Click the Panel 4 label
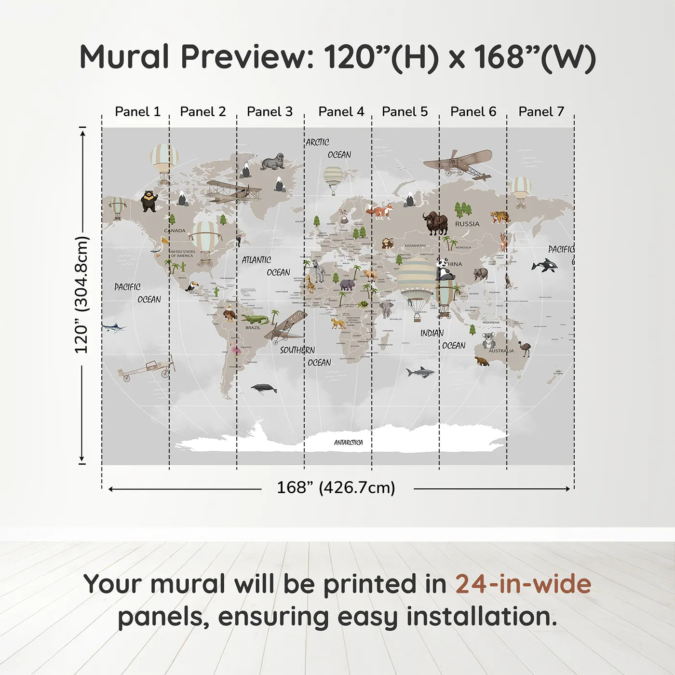point(341,112)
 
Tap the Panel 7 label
point(541,112)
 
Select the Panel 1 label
point(137,112)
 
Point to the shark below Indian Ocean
point(420,372)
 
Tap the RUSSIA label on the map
point(467,224)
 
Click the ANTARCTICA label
point(348,442)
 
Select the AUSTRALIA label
point(501,351)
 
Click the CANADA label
point(175,230)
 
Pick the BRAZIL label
point(253,327)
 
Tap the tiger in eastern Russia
point(500,216)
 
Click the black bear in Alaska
point(149,201)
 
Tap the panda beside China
point(445,270)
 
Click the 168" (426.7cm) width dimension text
point(336,487)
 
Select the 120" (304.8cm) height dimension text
point(81,295)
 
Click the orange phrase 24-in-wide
point(523,584)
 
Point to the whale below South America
point(264,388)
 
